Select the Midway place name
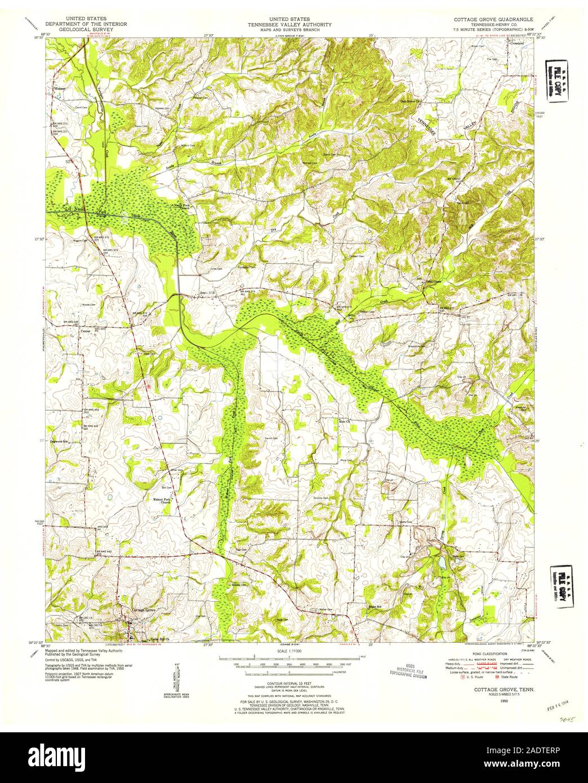point(60,89)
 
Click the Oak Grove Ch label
point(411,101)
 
